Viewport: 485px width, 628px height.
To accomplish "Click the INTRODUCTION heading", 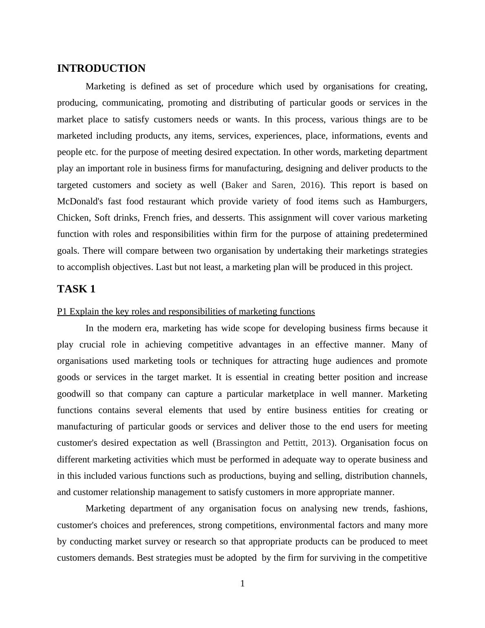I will click(101, 69).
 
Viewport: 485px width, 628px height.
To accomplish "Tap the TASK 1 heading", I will click(76, 289).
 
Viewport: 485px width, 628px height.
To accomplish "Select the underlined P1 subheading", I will click(186, 312).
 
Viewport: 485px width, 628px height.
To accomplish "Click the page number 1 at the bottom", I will click(242, 584).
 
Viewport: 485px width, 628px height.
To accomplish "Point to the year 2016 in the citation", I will click(310, 185).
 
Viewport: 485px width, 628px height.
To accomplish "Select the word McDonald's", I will click(80, 201).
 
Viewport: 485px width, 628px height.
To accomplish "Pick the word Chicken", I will click(73, 218).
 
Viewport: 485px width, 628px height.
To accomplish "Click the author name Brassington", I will click(239, 443).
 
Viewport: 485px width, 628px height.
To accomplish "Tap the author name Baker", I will click(236, 185).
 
